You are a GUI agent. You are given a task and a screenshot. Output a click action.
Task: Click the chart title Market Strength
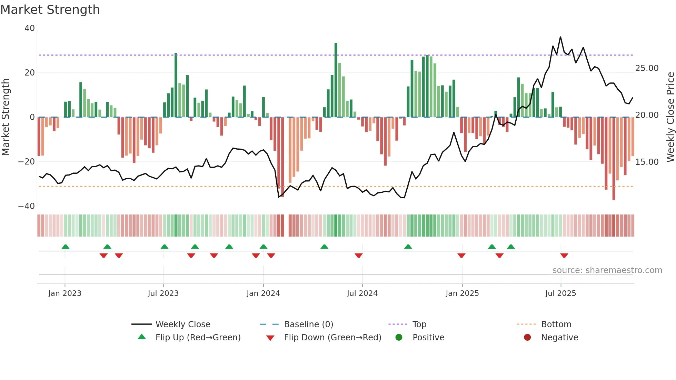coord(50,10)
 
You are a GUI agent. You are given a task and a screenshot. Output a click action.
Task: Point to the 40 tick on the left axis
coord(30,28)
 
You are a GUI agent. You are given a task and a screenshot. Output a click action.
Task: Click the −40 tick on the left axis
coord(27,206)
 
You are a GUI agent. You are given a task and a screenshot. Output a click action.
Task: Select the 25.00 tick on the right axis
coord(647,68)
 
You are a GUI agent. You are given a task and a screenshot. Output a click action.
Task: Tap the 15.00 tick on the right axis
coord(647,162)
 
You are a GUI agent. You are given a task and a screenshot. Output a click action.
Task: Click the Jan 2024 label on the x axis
coord(263,293)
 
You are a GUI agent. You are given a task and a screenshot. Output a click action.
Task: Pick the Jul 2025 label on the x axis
coord(560,293)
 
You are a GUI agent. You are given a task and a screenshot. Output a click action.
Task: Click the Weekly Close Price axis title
coord(670,117)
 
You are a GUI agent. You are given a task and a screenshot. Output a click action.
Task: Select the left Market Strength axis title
coord(6,117)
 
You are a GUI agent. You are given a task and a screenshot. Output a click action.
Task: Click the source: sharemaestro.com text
coord(607,270)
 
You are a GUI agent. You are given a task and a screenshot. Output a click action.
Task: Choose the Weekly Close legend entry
coord(182,324)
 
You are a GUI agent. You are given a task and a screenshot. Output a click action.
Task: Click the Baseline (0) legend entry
coord(308,324)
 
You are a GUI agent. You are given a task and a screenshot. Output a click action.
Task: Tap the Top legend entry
coord(419,324)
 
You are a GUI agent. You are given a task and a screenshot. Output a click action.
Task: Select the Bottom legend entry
coord(556,324)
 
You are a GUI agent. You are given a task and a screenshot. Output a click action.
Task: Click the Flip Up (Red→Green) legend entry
coord(198,338)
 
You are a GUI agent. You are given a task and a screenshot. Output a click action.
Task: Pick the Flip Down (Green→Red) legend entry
coord(332,338)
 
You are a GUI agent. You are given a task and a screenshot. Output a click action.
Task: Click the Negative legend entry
coord(559,338)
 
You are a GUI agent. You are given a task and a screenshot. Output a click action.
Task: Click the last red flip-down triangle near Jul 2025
coord(564,256)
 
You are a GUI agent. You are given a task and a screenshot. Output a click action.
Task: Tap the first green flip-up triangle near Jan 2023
coord(66,247)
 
